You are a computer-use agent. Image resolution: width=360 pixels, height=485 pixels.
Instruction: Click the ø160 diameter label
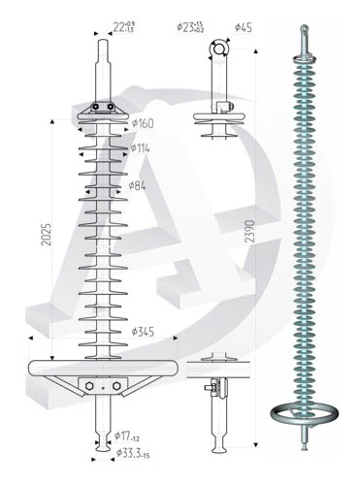[x=143, y=123]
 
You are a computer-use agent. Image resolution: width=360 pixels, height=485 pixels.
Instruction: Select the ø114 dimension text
[x=140, y=148]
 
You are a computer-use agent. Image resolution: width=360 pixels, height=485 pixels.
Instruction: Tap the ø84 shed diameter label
[x=137, y=186]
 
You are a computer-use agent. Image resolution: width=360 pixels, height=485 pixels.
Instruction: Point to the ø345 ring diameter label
[x=143, y=332]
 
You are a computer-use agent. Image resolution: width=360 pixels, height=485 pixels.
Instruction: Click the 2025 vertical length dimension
[x=47, y=234]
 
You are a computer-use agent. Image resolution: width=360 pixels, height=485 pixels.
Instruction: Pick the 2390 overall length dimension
[x=249, y=232]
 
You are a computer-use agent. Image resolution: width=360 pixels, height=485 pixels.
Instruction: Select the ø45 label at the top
[x=244, y=27]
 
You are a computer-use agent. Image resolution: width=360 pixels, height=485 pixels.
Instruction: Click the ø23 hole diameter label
[x=190, y=27]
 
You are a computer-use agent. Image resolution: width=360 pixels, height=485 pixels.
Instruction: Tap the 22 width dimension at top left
[x=124, y=27]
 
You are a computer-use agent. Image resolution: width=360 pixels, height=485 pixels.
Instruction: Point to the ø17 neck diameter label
[x=127, y=436]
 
